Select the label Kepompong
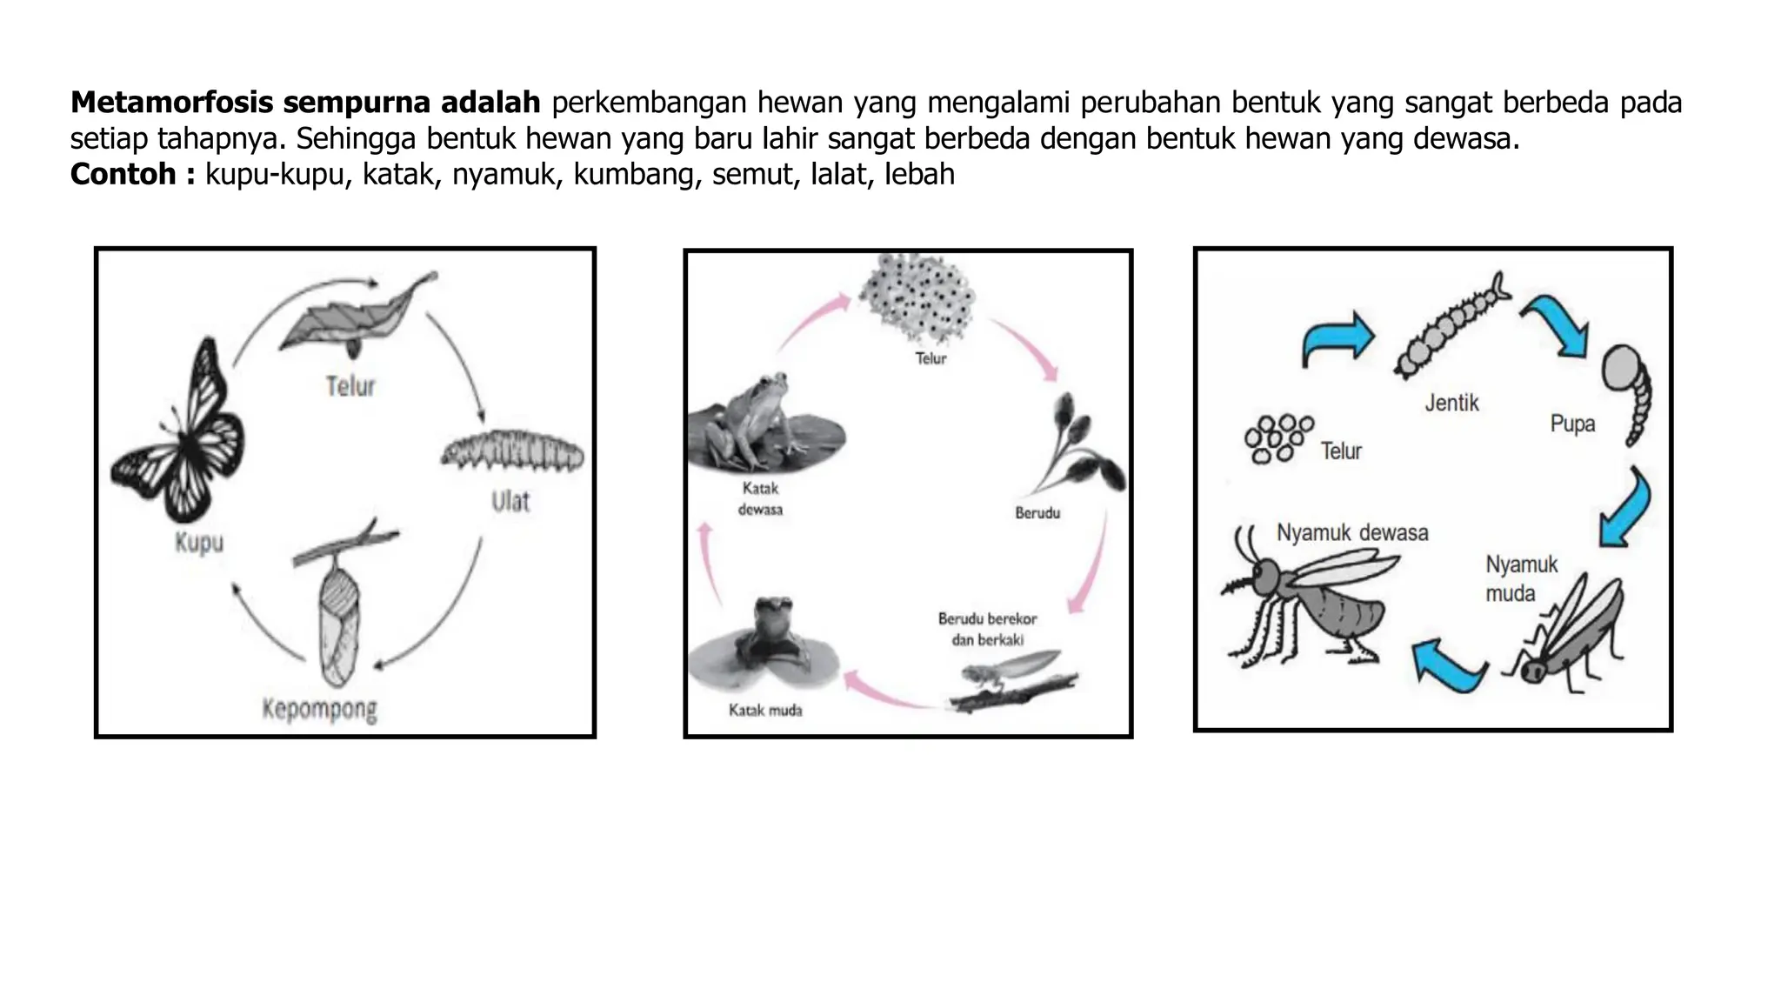(320, 709)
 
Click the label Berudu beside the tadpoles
(1037, 513)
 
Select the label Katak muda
(765, 711)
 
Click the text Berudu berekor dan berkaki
(987, 629)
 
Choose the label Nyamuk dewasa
(1352, 532)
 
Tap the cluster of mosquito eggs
(1277, 439)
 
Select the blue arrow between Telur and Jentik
(1337, 339)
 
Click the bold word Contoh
(123, 175)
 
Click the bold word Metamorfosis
(172, 103)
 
